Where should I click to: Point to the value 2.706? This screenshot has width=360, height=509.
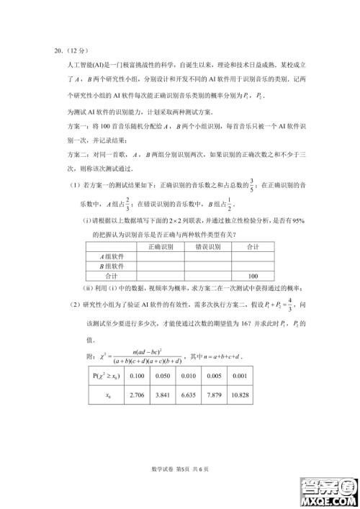point(137,396)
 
